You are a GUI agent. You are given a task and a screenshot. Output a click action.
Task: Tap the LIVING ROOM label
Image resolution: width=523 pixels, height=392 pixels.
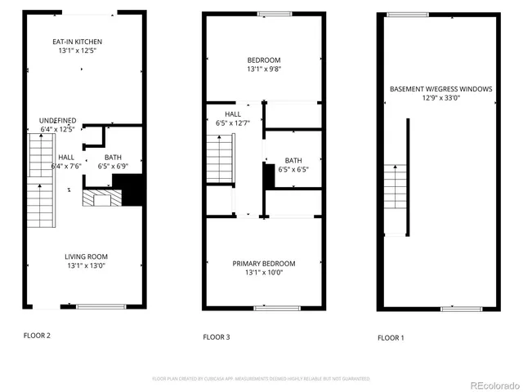click(x=85, y=256)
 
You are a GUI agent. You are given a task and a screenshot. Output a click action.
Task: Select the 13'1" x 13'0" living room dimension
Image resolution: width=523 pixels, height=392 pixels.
click(x=85, y=265)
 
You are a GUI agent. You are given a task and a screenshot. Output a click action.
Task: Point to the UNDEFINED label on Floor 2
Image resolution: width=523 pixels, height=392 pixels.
click(x=58, y=120)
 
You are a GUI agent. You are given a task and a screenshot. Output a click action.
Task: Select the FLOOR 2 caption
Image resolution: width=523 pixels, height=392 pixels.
click(x=37, y=335)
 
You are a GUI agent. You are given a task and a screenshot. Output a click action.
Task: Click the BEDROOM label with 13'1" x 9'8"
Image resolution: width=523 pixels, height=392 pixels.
click(x=264, y=60)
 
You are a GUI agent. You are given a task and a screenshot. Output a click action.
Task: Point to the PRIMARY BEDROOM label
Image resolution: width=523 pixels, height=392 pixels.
click(x=264, y=263)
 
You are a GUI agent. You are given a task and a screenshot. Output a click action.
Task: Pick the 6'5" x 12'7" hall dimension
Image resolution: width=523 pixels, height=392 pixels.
click(x=232, y=123)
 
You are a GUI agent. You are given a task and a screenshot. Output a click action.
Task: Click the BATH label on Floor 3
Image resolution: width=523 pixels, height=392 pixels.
click(x=293, y=160)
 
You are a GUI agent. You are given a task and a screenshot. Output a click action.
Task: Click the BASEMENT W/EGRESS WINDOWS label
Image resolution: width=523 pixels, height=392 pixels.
click(x=440, y=89)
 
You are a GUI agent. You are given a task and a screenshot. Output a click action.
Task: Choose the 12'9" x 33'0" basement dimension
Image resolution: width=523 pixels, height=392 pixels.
click(x=440, y=98)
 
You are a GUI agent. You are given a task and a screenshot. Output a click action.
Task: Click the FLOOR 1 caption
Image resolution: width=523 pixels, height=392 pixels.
click(x=391, y=337)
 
